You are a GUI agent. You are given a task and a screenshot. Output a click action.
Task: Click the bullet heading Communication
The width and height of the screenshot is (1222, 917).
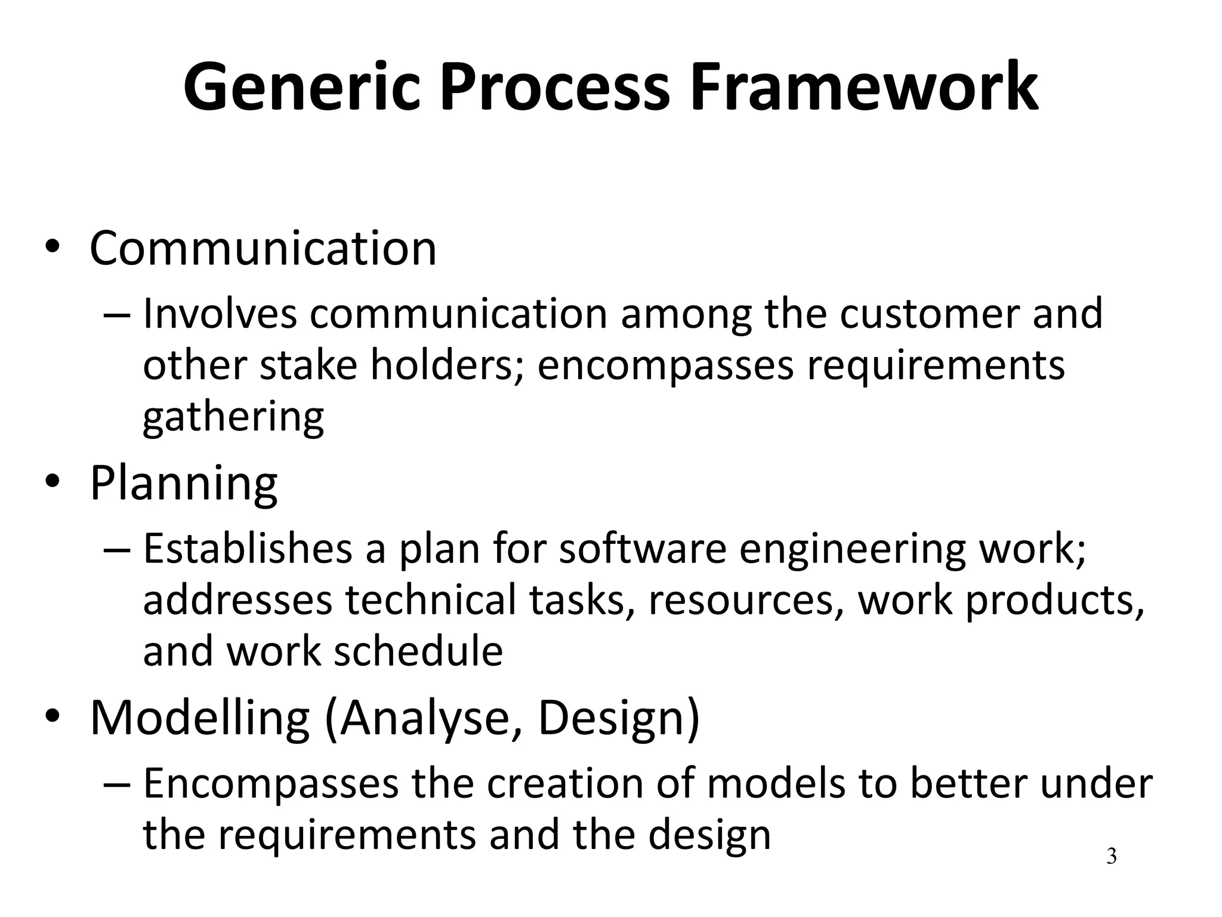tap(263, 248)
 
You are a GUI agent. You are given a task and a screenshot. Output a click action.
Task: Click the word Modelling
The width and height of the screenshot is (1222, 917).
tap(200, 718)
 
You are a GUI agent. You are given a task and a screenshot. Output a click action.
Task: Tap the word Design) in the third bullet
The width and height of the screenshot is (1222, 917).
tap(619, 718)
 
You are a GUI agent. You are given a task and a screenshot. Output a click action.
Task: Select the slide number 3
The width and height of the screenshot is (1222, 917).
tap(1111, 856)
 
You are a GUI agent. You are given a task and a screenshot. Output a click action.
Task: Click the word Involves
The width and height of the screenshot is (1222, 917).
tap(220, 314)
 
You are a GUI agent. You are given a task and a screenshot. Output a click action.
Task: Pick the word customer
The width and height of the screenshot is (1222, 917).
tap(929, 314)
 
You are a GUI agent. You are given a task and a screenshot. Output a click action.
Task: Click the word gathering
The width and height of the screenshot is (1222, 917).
tap(233, 417)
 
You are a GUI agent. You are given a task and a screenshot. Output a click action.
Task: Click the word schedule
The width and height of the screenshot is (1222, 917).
tap(418, 651)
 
